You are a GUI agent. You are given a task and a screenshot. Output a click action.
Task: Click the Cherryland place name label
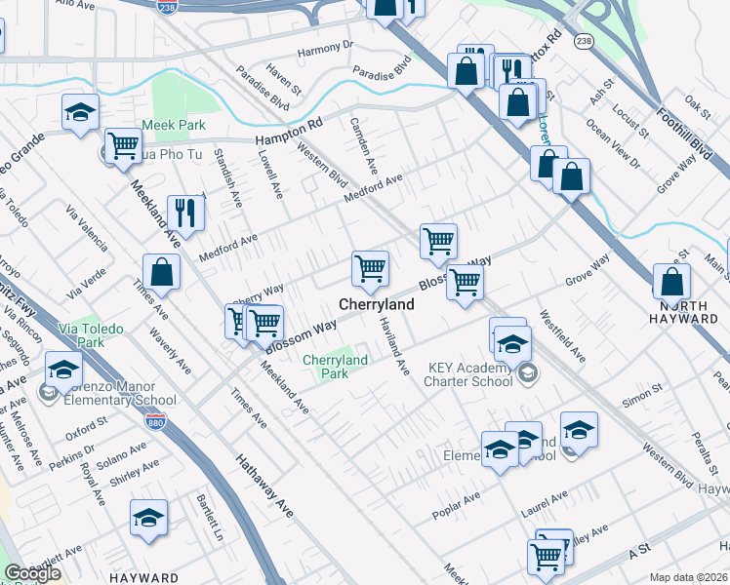[377, 304]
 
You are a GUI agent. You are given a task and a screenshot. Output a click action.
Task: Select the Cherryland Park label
[335, 367]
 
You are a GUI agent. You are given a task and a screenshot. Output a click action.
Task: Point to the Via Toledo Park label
[90, 336]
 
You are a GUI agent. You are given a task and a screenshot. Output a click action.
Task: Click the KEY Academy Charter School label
[470, 374]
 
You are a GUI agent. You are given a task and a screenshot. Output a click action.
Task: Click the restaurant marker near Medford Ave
[183, 214]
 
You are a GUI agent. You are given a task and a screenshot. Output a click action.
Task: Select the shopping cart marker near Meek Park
[123, 146]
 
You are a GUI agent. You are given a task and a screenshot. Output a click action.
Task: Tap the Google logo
[32, 574]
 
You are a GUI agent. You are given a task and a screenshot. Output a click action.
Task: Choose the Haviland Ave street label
[392, 350]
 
